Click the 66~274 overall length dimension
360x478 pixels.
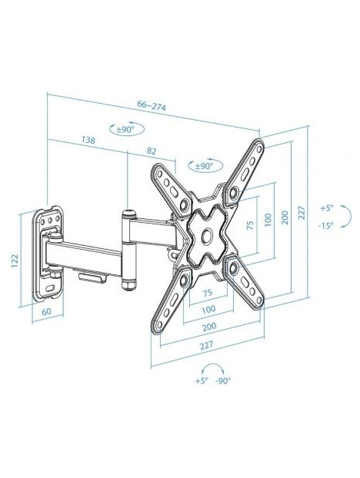pyautogui.click(x=152, y=105)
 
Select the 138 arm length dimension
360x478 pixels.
pyautogui.click(x=88, y=140)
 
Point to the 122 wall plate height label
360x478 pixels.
pyautogui.click(x=15, y=261)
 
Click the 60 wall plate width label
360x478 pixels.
pyautogui.click(x=46, y=311)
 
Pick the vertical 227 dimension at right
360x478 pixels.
pyautogui.click(x=301, y=213)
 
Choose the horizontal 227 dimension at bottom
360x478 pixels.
pyautogui.click(x=206, y=345)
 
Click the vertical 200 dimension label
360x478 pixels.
pyautogui.click(x=285, y=217)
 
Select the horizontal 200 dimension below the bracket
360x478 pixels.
pyautogui.click(x=209, y=326)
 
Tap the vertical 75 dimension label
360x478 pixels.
pyautogui.click(x=249, y=225)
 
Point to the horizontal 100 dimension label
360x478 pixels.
pyautogui.click(x=208, y=309)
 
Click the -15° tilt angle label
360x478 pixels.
pyautogui.click(x=325, y=226)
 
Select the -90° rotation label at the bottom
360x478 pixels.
pyautogui.click(x=223, y=380)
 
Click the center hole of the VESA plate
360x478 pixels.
pyautogui.click(x=207, y=236)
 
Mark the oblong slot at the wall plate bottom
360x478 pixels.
pyautogui.click(x=50, y=287)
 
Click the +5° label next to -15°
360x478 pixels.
pyautogui.click(x=327, y=208)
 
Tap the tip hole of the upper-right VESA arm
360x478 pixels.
pyautogui.click(x=259, y=149)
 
